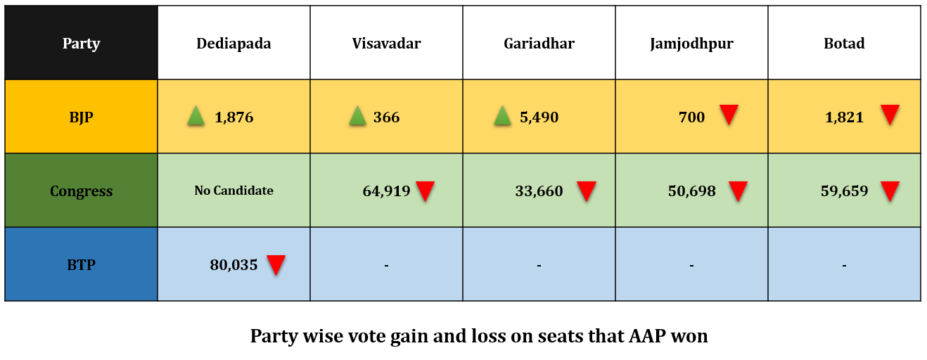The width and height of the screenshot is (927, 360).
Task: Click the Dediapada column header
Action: coord(234,44)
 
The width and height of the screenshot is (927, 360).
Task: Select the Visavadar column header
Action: coord(386,44)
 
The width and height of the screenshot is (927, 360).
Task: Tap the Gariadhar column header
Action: coord(539,44)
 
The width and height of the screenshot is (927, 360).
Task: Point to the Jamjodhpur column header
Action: coord(691,44)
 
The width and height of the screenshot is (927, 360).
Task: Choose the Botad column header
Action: coord(844,44)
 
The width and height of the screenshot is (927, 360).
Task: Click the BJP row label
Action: coord(81,117)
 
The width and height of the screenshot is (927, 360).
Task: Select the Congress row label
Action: coord(81,191)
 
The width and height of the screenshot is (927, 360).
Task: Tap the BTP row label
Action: coord(81,265)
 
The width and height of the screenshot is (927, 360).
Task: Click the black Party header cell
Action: coord(81,44)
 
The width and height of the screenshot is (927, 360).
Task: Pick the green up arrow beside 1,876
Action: coord(196,116)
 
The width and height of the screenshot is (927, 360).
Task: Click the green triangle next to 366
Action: coord(357,116)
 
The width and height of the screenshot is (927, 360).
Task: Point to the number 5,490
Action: coord(539,117)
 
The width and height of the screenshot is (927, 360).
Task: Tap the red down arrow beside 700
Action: coord(729,115)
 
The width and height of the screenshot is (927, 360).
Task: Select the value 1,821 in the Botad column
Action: coord(844,117)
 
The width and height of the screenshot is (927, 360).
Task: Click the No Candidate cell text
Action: coord(234,191)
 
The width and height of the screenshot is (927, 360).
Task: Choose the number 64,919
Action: coord(386,191)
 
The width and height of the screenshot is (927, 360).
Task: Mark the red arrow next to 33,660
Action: coord(586,191)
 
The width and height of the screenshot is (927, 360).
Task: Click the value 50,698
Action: coord(691,191)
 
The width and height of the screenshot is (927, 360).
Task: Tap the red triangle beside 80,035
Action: coord(276,265)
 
